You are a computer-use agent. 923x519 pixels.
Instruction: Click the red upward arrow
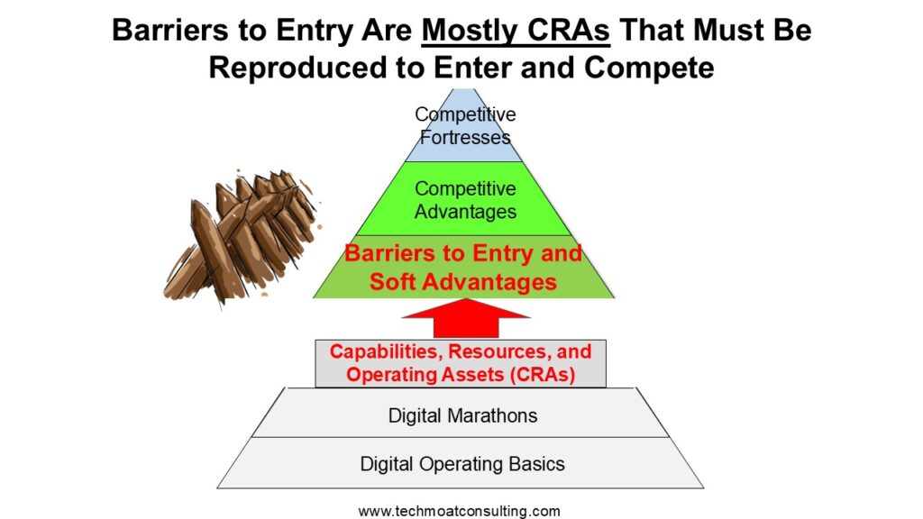pyautogui.click(x=465, y=319)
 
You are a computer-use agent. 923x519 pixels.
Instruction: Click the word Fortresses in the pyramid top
pyautogui.click(x=465, y=137)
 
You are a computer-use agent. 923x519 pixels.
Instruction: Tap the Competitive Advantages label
pyautogui.click(x=465, y=200)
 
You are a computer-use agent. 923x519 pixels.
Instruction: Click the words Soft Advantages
pyautogui.click(x=463, y=282)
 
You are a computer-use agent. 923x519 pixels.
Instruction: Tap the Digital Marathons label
pyautogui.click(x=462, y=415)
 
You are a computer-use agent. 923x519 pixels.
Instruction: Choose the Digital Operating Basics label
pyautogui.click(x=462, y=464)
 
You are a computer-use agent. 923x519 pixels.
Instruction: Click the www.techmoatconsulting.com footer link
pyautogui.click(x=459, y=511)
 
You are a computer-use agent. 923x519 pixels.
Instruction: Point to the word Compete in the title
pyautogui.click(x=649, y=68)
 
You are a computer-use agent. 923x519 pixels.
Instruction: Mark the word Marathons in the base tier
pyautogui.click(x=492, y=415)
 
